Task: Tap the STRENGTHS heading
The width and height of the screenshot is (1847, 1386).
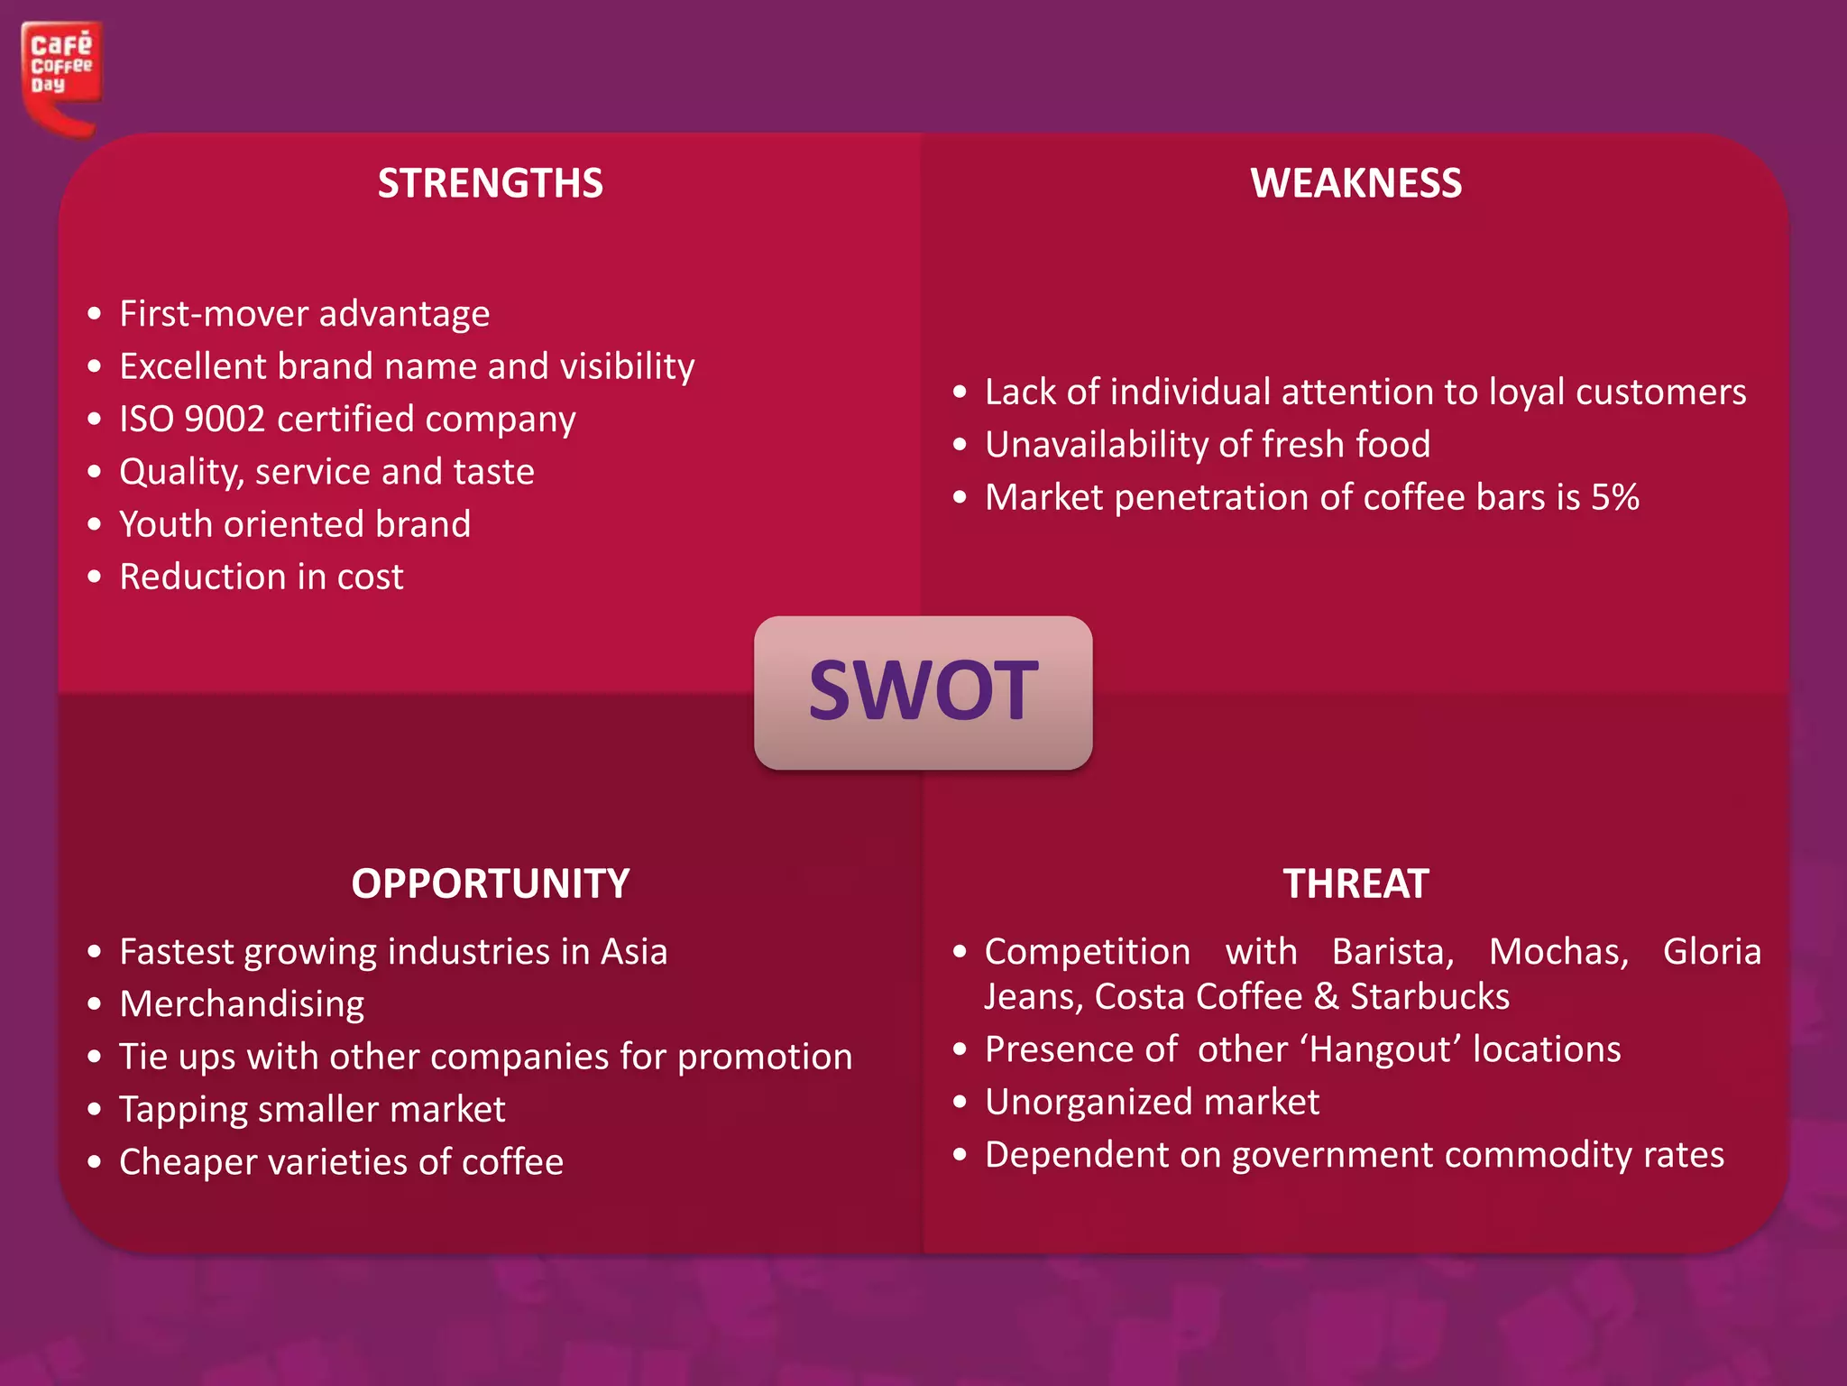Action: pos(490,183)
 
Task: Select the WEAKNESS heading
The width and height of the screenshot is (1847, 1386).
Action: pos(1355,183)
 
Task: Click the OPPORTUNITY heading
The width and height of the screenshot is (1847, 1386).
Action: pos(490,883)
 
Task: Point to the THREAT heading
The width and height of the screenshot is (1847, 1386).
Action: pos(1355,883)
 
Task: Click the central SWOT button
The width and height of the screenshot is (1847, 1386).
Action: pos(923,692)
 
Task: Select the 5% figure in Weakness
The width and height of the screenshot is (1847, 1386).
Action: pos(1614,497)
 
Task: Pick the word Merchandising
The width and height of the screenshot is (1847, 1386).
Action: pos(242,1004)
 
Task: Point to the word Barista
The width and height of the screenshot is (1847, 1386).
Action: pos(1392,952)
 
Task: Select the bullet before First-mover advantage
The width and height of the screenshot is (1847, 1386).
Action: pos(95,315)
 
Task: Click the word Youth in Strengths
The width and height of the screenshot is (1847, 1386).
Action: pos(166,524)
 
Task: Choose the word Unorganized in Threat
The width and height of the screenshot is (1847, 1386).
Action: pos(1088,1102)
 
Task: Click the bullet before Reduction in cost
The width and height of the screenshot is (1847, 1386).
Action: pos(95,577)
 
